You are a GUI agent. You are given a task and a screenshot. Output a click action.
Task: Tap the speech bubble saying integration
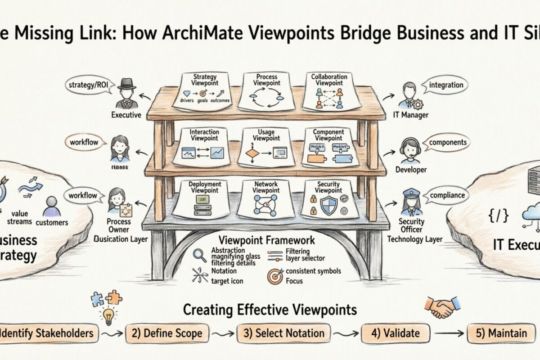point(446,85)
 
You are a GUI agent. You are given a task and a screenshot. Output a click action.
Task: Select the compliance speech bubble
point(447,196)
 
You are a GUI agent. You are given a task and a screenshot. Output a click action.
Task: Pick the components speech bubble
point(447,142)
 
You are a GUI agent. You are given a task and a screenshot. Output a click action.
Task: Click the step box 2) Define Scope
point(170,333)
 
